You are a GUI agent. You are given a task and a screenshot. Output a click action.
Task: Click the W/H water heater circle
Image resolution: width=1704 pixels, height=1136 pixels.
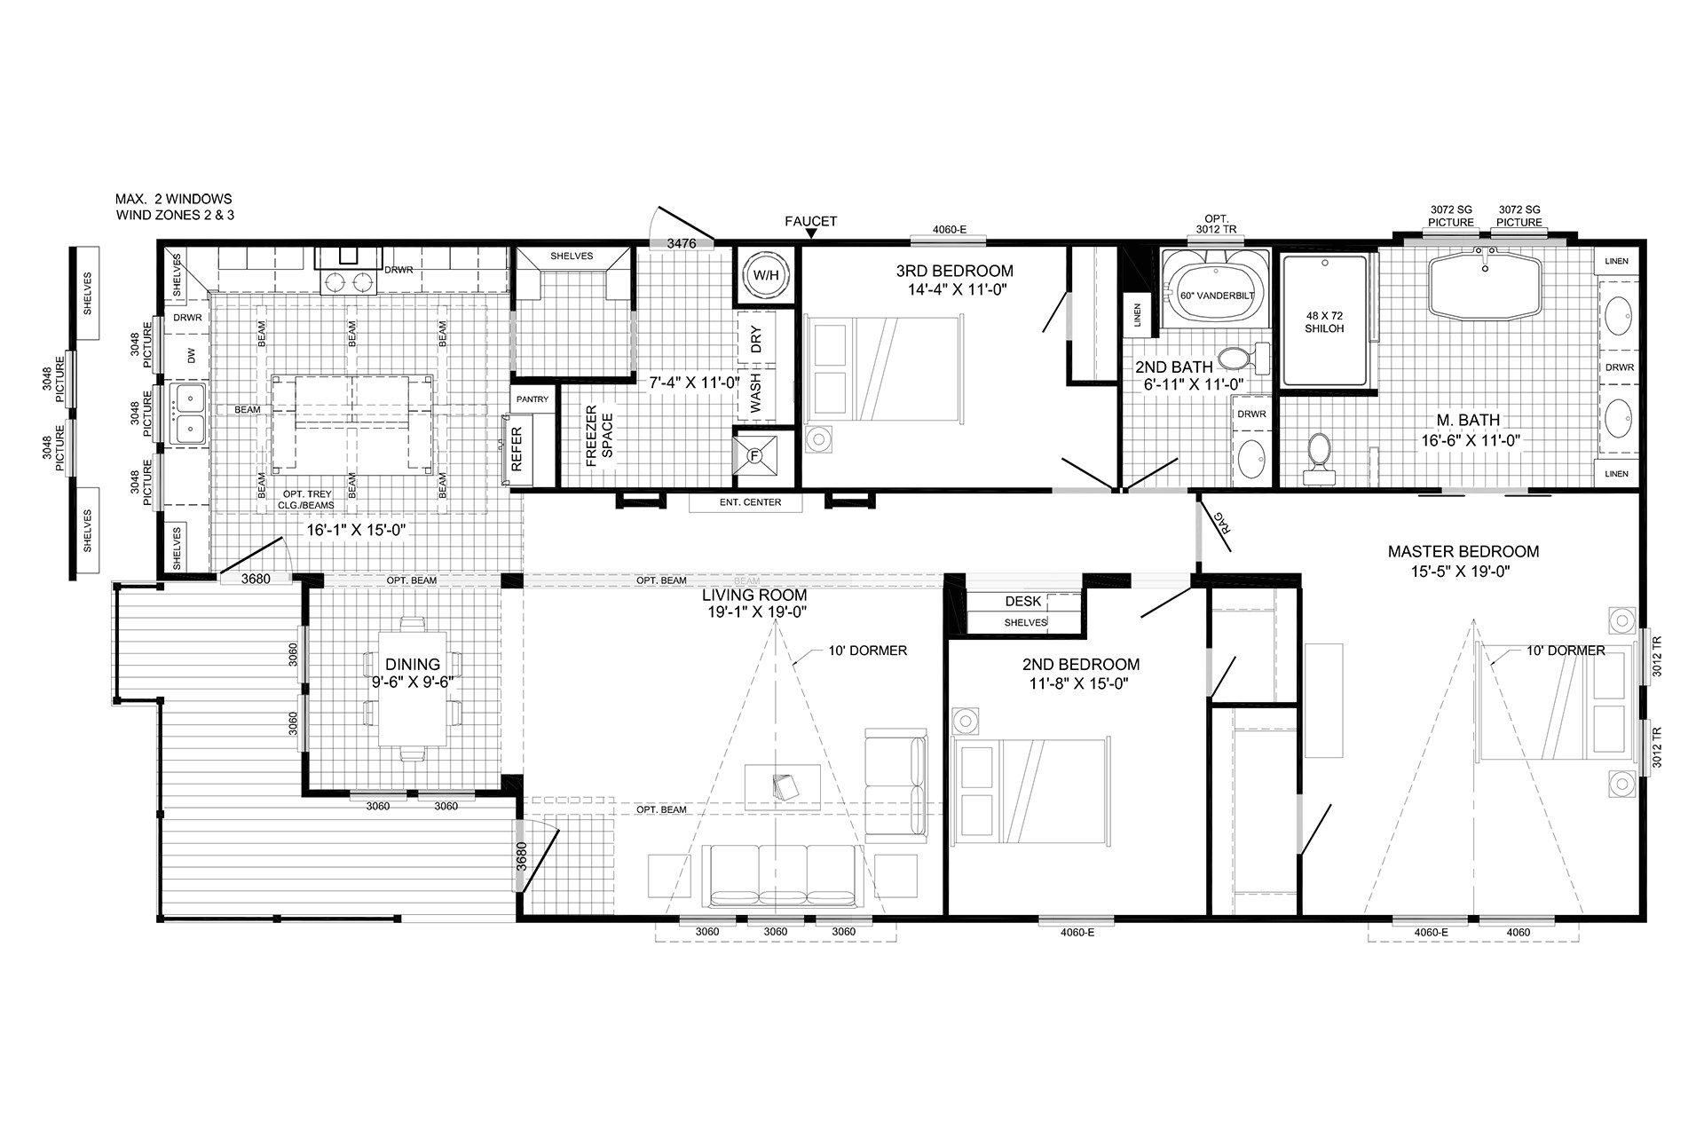coord(766,275)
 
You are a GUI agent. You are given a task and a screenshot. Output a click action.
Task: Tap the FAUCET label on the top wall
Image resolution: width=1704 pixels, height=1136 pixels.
coord(811,222)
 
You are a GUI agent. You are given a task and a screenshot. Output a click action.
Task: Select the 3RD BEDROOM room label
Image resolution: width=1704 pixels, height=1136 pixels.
coord(955,271)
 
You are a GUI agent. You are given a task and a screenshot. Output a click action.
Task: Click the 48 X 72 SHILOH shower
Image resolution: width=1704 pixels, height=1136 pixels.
coord(1324,320)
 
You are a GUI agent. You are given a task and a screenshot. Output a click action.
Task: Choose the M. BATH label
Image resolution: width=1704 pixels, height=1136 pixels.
coord(1468,420)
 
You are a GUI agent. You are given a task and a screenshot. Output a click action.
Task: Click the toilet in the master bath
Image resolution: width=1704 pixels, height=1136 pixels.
coord(1319,458)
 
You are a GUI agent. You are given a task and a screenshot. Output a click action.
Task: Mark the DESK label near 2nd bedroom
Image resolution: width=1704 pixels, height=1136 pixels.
coord(1023,601)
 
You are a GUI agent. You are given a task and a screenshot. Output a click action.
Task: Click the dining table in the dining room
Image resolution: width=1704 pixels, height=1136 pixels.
coord(413,689)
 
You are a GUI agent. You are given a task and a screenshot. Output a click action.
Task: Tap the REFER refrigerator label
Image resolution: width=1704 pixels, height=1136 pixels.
coord(517,449)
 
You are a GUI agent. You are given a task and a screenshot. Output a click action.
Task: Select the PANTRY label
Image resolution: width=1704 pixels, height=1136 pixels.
coord(533,399)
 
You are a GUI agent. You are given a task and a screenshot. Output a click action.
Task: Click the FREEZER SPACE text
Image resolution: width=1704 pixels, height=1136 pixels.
coord(600,432)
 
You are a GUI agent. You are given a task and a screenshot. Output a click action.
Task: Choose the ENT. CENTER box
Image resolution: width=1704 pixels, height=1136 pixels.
coord(746,502)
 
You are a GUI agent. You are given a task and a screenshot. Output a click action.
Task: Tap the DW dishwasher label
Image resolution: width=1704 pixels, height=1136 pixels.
coord(189,356)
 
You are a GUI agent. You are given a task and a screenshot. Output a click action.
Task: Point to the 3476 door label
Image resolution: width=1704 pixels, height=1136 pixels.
coord(681,242)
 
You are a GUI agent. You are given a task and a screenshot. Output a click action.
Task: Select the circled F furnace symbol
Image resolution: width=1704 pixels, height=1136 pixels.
coord(755,456)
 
